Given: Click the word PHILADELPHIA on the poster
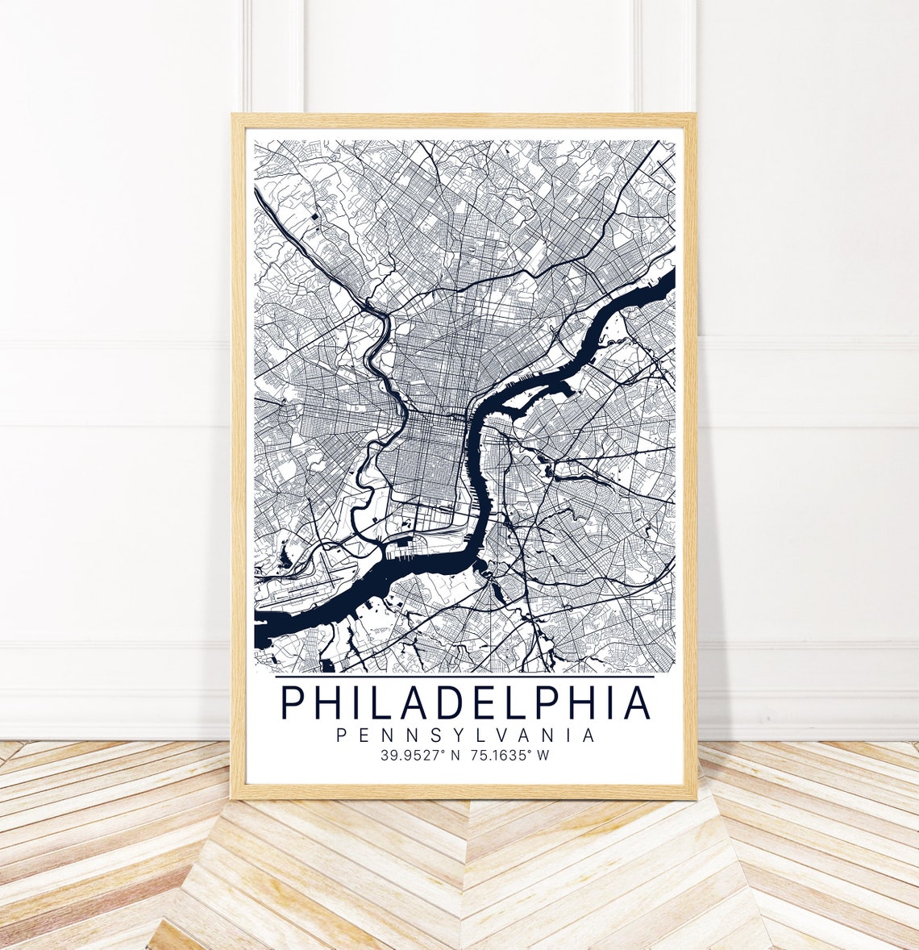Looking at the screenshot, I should point(465,702).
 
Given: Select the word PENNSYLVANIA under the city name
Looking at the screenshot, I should point(465,735).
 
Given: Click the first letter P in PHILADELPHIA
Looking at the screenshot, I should point(293,702).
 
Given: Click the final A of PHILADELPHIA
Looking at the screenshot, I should point(637,702).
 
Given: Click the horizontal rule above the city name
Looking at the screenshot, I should point(465,677).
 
